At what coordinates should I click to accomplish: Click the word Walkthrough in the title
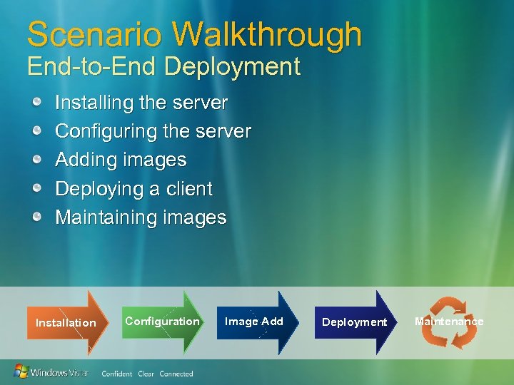coord(267,34)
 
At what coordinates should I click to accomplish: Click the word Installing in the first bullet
coord(96,103)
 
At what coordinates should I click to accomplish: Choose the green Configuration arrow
coord(163,321)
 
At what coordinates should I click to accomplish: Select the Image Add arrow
coord(254,322)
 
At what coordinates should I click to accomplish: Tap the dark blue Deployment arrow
coord(354,322)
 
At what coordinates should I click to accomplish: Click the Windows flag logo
coord(21,371)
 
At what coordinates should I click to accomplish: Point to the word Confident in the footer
coord(116,374)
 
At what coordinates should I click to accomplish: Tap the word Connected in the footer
coord(176,374)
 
